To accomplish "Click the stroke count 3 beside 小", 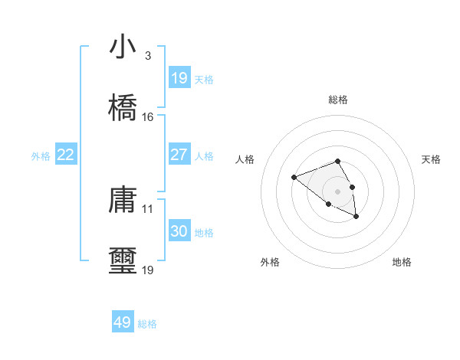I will [x=147, y=56].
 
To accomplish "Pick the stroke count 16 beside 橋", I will [x=147, y=117].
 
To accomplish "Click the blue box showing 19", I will [x=179, y=78].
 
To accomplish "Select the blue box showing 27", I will [x=179, y=155].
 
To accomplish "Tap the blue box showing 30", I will [x=179, y=231].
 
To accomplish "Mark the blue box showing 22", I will [x=66, y=155].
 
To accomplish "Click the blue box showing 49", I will [x=123, y=322].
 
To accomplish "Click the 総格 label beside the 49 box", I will [x=147, y=324].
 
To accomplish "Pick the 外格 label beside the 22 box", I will [x=41, y=156].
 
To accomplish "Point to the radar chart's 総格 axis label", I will [x=338, y=100].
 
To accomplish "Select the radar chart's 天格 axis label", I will [x=432, y=159].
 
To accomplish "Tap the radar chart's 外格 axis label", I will [x=270, y=262].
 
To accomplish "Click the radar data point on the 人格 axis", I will [x=294, y=178].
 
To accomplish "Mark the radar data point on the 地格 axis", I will [x=356, y=217].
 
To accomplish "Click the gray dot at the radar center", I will [x=337, y=191].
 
